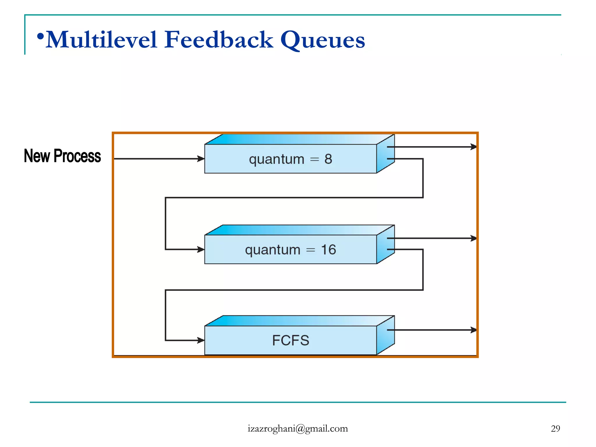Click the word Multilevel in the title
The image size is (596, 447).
pos(102,40)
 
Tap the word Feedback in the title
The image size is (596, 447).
pos(219,40)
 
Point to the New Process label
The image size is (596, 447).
pos(62,156)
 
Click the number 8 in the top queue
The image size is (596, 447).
pos(328,159)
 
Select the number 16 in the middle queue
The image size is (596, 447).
pos(328,250)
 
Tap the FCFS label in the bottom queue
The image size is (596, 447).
pos(290,340)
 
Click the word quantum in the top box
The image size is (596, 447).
pos(276,160)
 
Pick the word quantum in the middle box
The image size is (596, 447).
pos(272,250)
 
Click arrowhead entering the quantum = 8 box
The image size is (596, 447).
pos(201,159)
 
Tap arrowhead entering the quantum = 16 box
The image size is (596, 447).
pos(201,249)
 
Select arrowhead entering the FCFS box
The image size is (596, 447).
pos(201,340)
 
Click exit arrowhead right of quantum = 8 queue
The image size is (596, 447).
pos(473,147)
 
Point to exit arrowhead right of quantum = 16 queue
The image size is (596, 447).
pos(473,238)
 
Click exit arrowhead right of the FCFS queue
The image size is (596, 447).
pos(473,330)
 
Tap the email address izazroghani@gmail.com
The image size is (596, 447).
pos(298,429)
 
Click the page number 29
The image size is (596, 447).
pos(555,429)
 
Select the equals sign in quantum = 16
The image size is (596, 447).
pos(311,250)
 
